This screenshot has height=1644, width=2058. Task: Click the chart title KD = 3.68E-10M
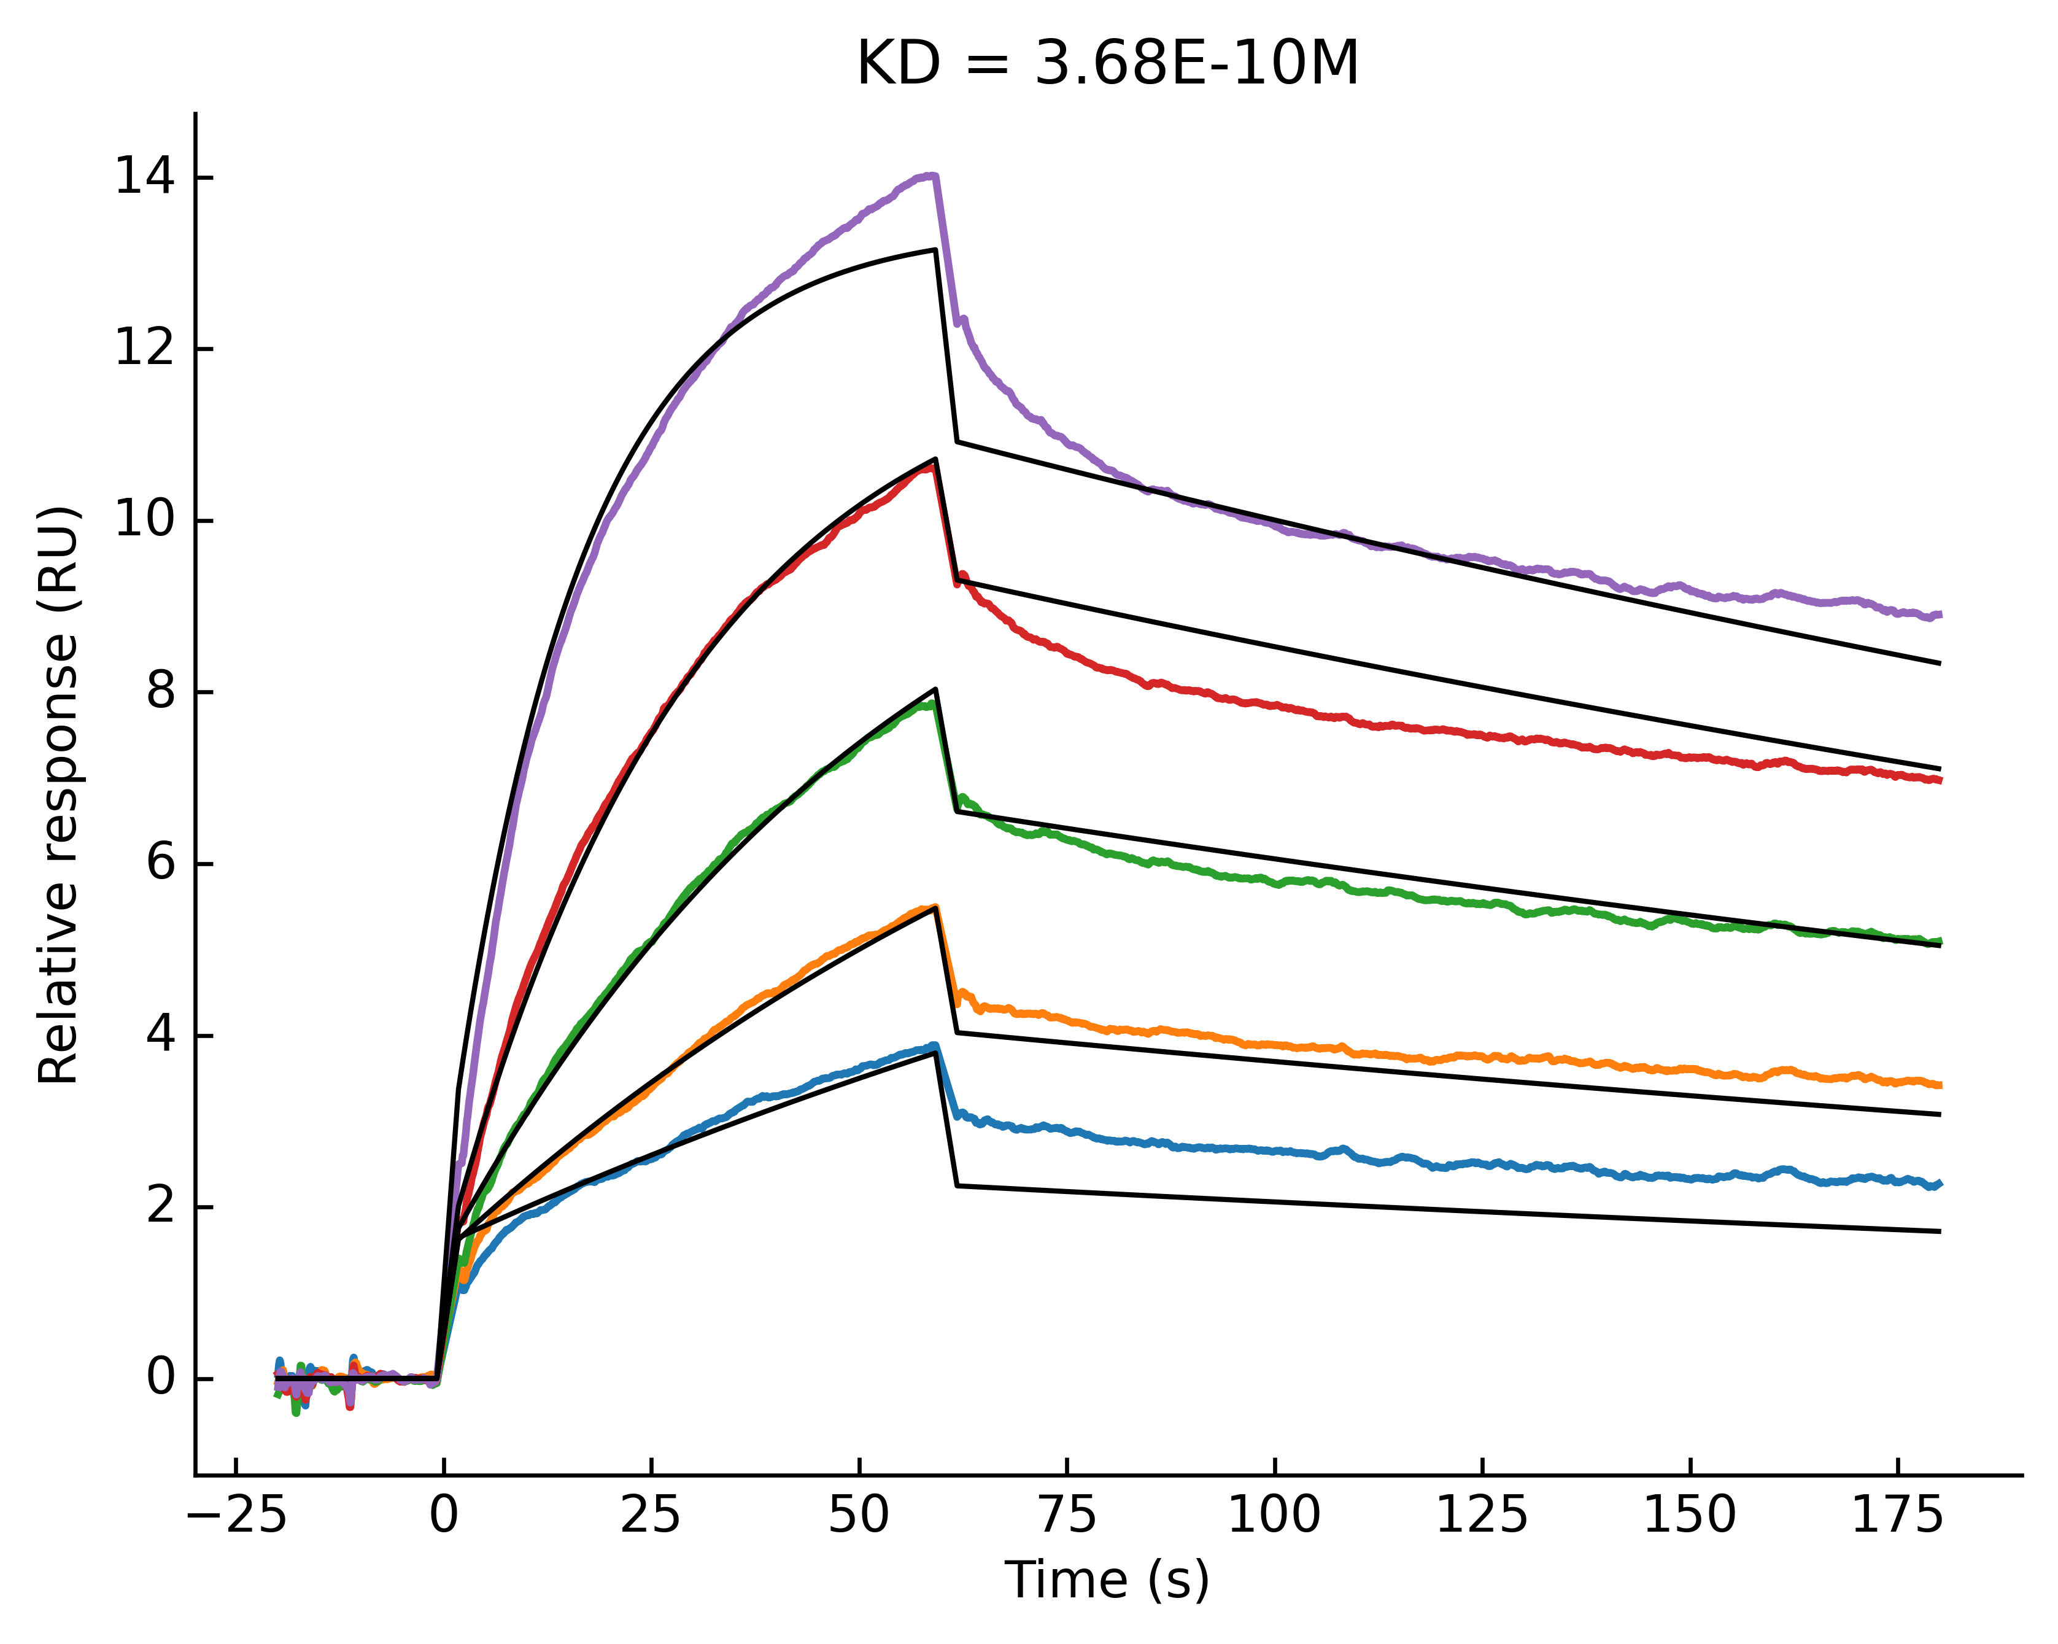(x=1107, y=65)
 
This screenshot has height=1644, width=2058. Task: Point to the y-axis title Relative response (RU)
(x=59, y=794)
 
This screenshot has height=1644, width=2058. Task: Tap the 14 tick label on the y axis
(x=144, y=177)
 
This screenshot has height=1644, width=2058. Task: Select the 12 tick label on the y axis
(x=144, y=349)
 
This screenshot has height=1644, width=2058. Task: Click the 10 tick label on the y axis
(x=144, y=521)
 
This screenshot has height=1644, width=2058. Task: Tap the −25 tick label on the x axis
(x=237, y=1516)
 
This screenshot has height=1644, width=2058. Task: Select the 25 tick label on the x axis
(x=651, y=1516)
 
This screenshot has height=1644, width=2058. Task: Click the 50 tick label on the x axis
(x=859, y=1516)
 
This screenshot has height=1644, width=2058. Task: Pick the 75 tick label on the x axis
(x=1067, y=1516)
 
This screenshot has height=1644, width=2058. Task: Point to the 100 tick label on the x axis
(x=1274, y=1516)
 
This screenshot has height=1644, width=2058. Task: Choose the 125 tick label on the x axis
(x=1482, y=1516)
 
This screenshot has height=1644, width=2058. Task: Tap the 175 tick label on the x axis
(x=1898, y=1516)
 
